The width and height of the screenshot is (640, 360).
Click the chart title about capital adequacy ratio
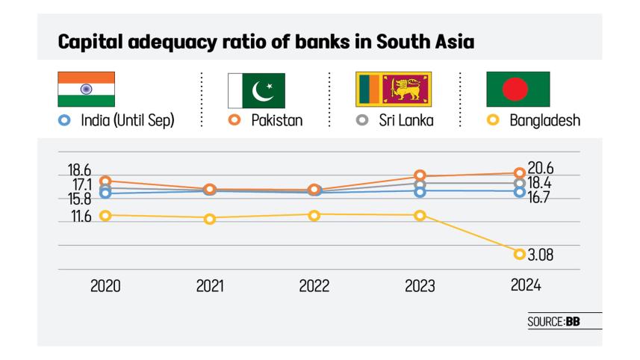267,41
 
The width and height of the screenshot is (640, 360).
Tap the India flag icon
86,90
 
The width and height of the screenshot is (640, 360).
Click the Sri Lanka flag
393,90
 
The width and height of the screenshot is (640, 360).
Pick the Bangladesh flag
518,90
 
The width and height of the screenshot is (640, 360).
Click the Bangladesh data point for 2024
520,254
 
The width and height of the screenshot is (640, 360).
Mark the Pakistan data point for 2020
105,181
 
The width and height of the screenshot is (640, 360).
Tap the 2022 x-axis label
314,286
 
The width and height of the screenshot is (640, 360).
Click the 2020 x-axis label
105,286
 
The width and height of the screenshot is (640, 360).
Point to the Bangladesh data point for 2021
210,219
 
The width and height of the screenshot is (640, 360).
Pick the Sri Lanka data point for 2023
420,184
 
